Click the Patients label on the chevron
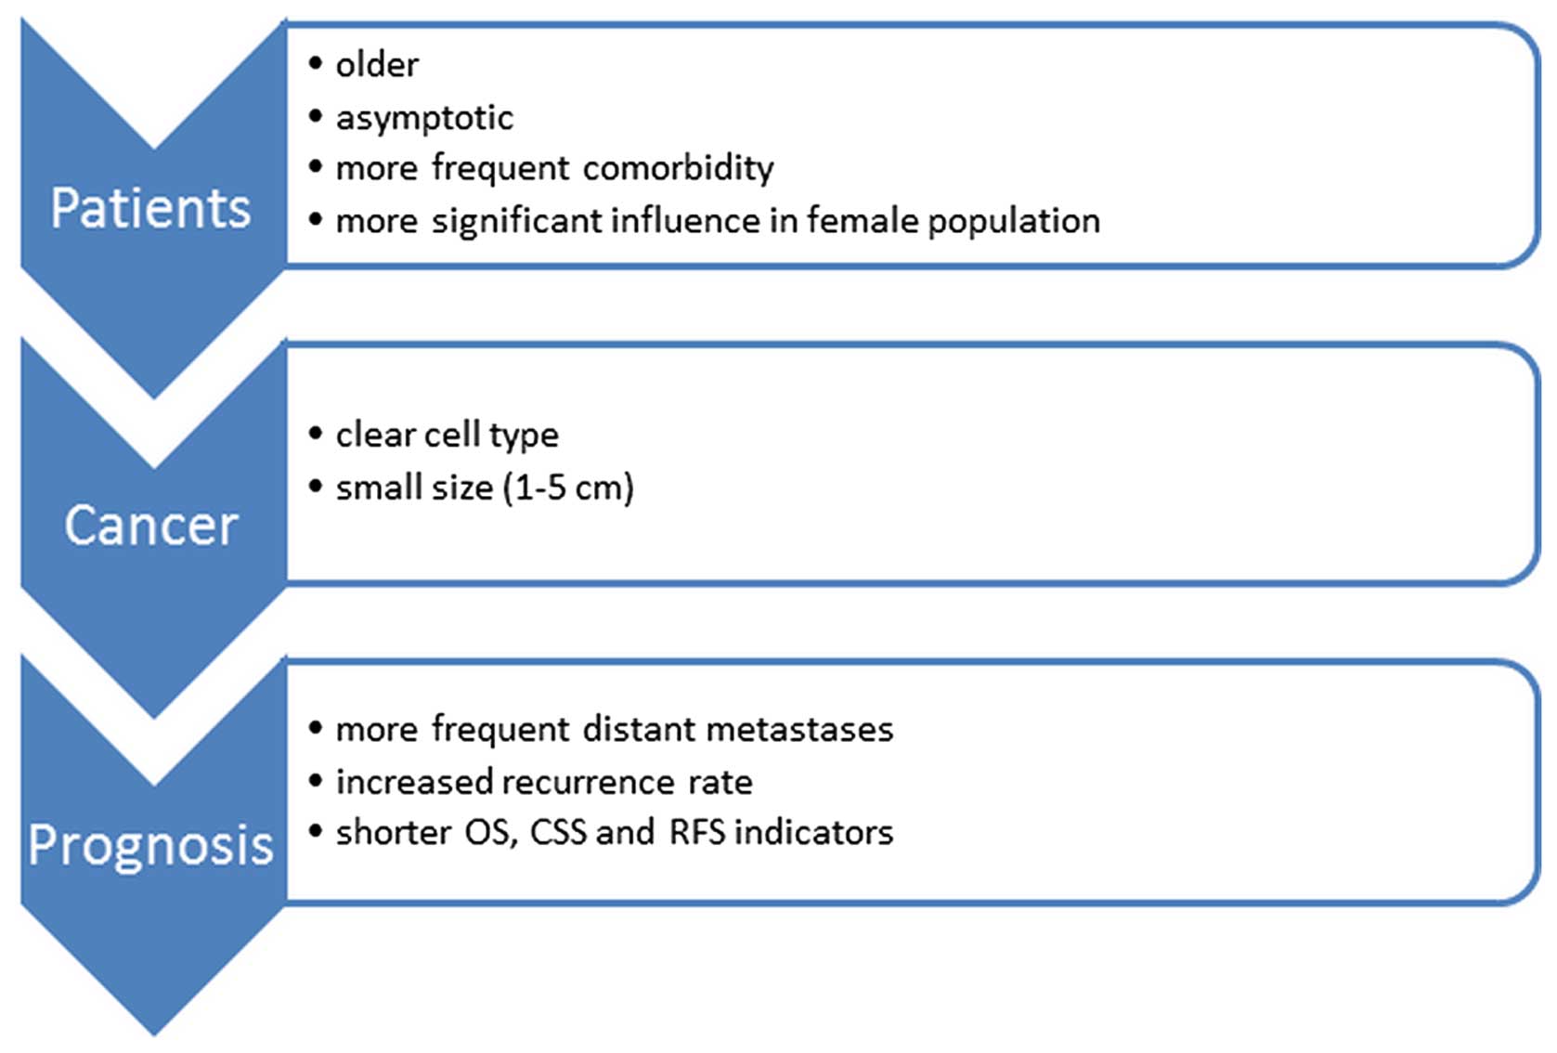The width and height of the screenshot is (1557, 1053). coord(150,207)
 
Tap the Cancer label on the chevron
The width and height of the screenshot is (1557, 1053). coord(150,525)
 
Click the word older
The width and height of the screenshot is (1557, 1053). coord(378,65)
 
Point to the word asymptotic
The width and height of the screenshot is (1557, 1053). coord(424,117)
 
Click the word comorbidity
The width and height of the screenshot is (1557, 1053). coord(678,168)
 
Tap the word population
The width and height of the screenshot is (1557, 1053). coord(1014,222)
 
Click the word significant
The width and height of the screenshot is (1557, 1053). coord(518,221)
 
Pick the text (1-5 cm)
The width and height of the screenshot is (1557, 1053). coord(568,487)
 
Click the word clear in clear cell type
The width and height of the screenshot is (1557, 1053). coord(375,435)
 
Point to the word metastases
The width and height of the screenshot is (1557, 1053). coord(799,730)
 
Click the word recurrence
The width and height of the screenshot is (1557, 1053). coord(588,783)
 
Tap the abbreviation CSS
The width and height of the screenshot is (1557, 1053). coord(558,832)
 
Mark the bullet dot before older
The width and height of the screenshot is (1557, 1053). coord(316,63)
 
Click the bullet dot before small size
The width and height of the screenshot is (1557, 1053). coord(316,486)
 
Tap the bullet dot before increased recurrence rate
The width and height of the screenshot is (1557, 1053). coord(316,781)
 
